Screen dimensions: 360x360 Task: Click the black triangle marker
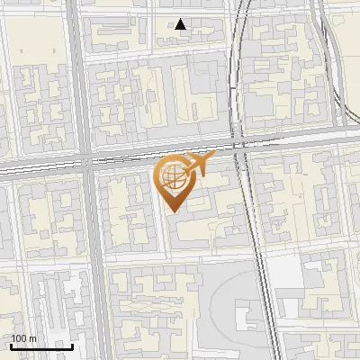(x=181, y=24)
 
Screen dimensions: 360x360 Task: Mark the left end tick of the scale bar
(x=11, y=346)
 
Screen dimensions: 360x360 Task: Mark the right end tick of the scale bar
(x=72, y=346)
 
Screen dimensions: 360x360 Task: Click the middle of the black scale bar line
(x=41, y=346)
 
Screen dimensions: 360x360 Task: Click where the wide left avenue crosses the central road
(x=87, y=165)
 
